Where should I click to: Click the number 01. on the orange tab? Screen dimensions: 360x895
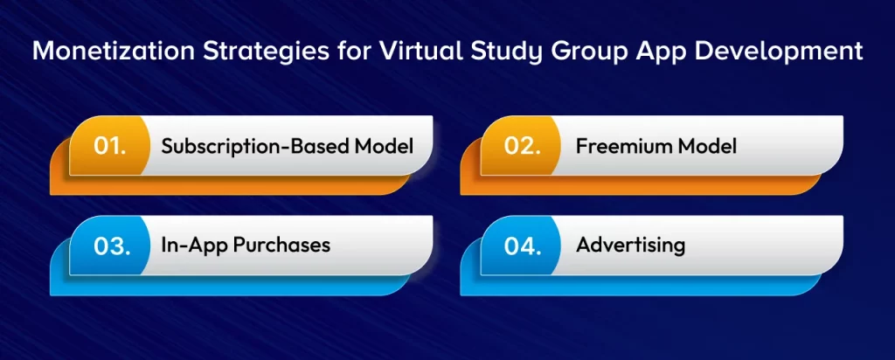[110, 146]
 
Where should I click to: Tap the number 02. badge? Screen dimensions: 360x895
[524, 146]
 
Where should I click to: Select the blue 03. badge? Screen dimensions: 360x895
[110, 245]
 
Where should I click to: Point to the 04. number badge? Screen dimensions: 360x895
[524, 245]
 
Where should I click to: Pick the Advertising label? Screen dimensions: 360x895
[630, 245]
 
